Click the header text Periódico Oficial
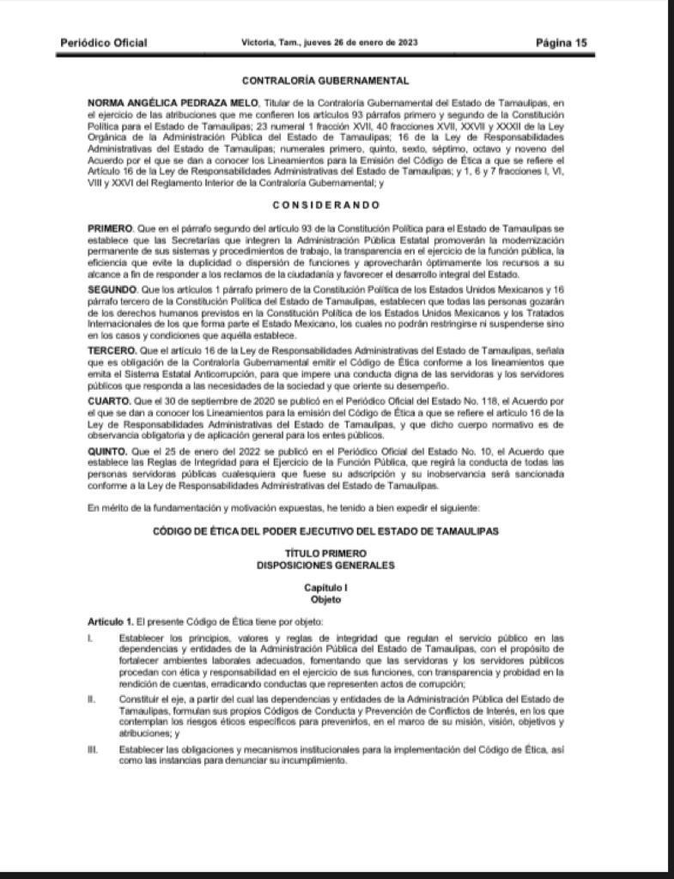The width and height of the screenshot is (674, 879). tap(103, 43)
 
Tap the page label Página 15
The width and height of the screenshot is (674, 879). tap(562, 43)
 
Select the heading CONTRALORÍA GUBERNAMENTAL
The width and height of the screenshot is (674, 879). tap(325, 82)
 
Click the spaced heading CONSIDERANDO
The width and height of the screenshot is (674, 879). tap(325, 205)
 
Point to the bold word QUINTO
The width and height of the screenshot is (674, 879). tap(108, 451)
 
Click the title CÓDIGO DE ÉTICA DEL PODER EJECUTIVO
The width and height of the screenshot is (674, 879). tap(325, 531)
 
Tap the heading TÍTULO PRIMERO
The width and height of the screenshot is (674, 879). tap(325, 555)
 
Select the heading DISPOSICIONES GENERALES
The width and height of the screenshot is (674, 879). tap(325, 566)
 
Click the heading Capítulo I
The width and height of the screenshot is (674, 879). tap(325, 588)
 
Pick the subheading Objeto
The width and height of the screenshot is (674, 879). tap(325, 599)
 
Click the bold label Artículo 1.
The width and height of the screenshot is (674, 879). tap(111, 621)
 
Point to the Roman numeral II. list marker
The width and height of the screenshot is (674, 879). tap(91, 700)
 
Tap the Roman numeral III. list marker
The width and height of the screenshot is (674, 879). tap(92, 749)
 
